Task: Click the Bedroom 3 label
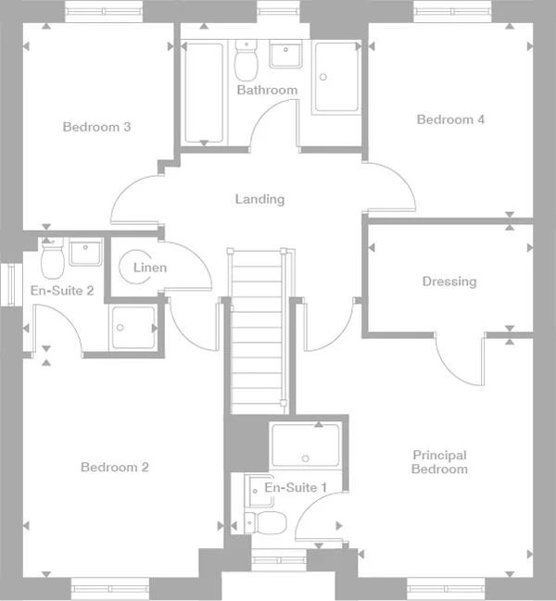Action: click(96, 127)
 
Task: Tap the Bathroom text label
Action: click(267, 90)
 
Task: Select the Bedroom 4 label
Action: click(450, 119)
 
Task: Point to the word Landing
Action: click(259, 199)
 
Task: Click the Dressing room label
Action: click(449, 282)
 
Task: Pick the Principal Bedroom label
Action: click(439, 462)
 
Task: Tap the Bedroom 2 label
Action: click(114, 468)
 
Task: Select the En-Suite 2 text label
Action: click(62, 291)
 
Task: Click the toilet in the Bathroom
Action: click(246, 61)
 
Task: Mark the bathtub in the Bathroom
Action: click(203, 93)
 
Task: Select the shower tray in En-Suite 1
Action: click(305, 445)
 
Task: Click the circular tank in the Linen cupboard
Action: click(135, 268)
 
